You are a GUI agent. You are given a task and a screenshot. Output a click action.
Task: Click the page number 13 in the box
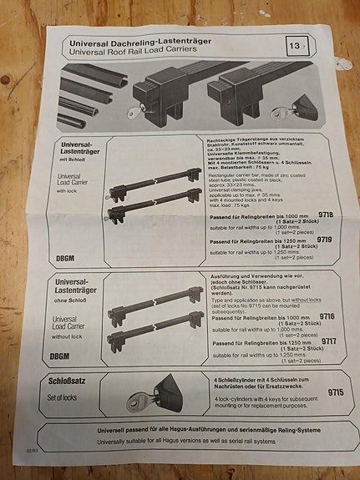297,45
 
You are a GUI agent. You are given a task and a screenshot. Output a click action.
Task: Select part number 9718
326,215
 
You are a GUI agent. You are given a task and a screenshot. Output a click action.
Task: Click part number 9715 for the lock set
335,391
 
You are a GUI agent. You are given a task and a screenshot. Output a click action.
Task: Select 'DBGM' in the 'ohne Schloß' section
60,356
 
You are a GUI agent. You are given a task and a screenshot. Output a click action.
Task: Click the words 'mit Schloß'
74,159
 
